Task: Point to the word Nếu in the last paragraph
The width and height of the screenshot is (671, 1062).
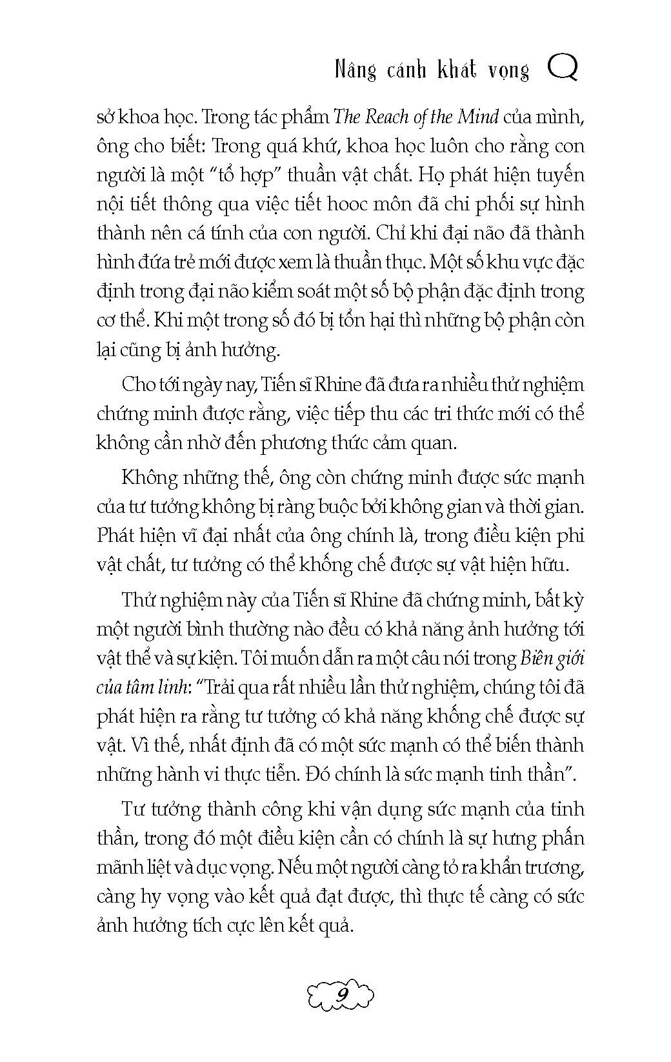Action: pos(295,867)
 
